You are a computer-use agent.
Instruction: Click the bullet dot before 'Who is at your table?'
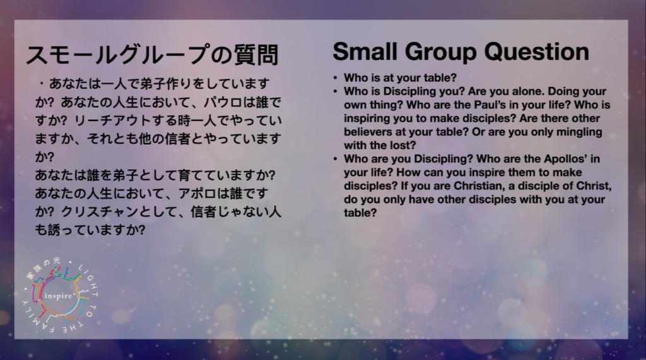[x=336, y=78]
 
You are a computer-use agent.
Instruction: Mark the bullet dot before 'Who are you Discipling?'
[x=336, y=159]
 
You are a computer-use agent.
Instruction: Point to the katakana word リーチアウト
[x=112, y=120]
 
